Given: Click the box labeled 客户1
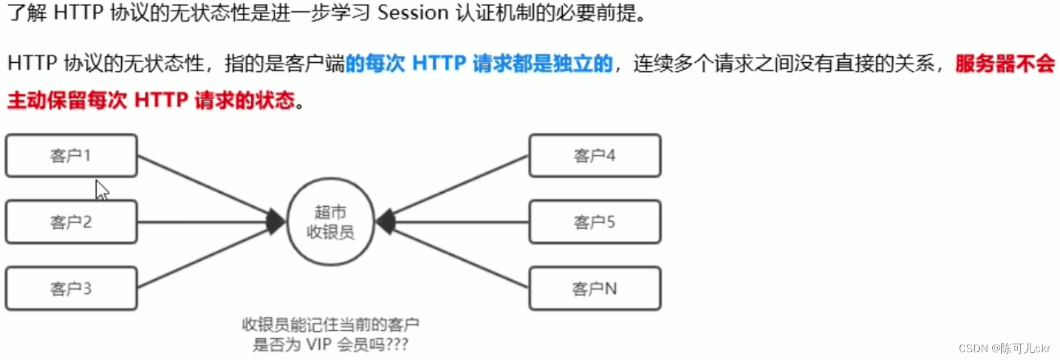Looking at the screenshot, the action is click(x=71, y=156).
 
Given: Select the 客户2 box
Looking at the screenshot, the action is click(x=71, y=222).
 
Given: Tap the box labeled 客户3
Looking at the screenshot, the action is click(x=71, y=289).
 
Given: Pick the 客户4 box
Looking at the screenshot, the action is click(x=595, y=156).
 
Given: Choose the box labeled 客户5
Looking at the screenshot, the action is click(x=595, y=222).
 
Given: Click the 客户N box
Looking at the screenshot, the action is click(x=595, y=289).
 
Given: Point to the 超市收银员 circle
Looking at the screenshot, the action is click(x=331, y=222).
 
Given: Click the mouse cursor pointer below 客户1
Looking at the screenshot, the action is click(x=101, y=190).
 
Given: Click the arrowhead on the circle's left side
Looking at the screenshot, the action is click(x=277, y=222).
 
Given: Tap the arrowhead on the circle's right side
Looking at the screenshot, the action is click(x=385, y=222).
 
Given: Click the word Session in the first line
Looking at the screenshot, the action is click(x=413, y=13).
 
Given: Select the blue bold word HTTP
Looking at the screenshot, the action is click(x=439, y=63).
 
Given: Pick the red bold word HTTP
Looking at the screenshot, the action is click(x=161, y=101).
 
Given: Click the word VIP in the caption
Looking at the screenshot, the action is click(x=319, y=345).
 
